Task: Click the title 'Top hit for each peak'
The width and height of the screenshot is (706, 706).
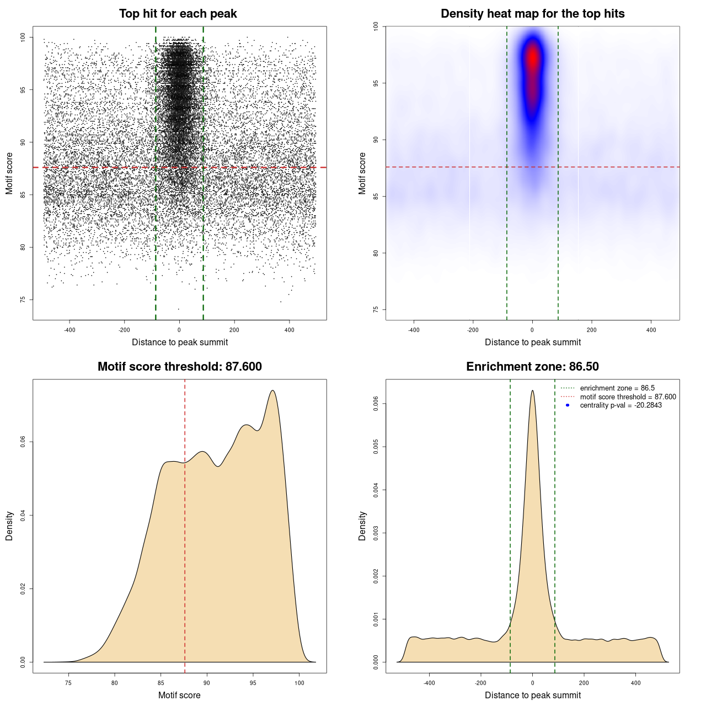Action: click(x=178, y=14)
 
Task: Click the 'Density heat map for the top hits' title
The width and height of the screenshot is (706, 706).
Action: click(x=532, y=14)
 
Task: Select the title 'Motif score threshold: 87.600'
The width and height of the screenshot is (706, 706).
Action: click(x=179, y=367)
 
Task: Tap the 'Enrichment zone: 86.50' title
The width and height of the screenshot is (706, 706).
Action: click(x=532, y=367)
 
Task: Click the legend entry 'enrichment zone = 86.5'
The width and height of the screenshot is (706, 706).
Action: click(x=617, y=388)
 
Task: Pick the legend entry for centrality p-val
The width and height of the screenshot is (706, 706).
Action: click(x=621, y=405)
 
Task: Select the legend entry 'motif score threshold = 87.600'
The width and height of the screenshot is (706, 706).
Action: click(x=628, y=397)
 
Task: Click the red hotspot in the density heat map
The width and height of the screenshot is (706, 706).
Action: click(x=532, y=58)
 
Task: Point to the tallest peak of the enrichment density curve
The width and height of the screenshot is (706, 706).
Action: click(x=532, y=391)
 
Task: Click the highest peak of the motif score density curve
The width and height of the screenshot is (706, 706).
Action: click(x=272, y=391)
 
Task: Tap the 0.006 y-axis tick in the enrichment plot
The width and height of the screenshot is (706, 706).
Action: click(x=376, y=404)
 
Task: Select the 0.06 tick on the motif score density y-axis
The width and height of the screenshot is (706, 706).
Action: click(x=23, y=442)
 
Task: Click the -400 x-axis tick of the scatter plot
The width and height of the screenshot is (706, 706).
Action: click(x=69, y=330)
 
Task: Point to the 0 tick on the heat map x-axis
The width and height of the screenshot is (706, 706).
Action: click(x=532, y=330)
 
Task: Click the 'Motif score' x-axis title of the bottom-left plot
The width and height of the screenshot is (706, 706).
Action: click(x=179, y=695)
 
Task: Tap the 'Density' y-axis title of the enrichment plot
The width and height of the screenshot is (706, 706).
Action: click(x=362, y=526)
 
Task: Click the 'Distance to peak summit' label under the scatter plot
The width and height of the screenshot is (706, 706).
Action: click(x=180, y=342)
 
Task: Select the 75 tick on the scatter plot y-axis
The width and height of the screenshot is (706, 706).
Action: click(x=23, y=299)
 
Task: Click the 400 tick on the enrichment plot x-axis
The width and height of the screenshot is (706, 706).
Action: click(x=635, y=683)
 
